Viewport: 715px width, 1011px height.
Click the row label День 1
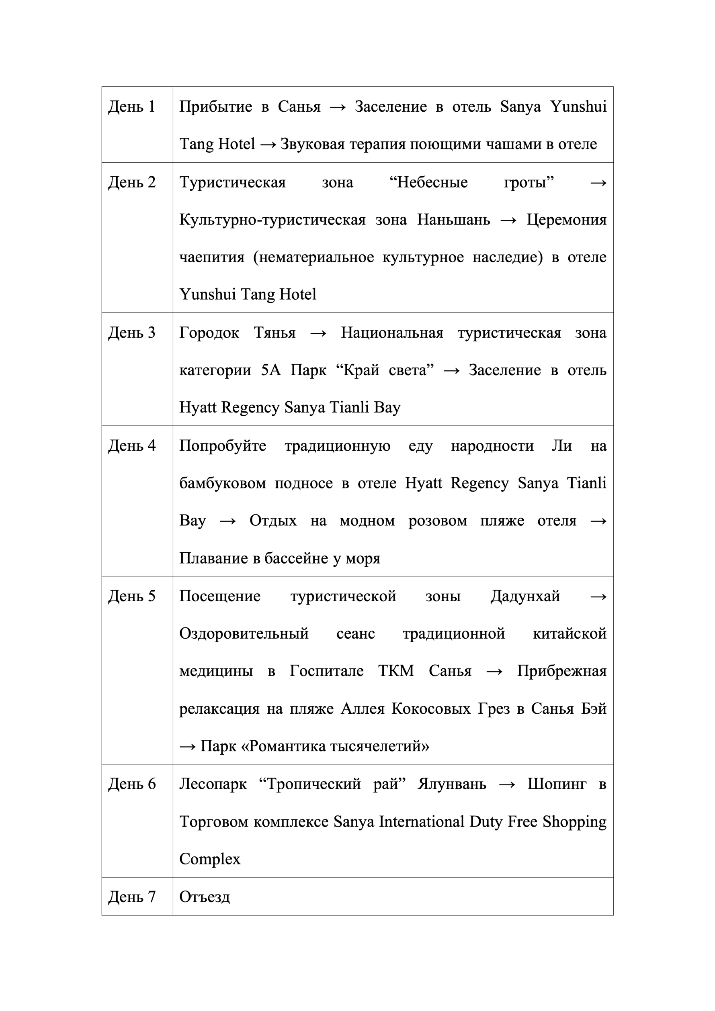[x=132, y=106]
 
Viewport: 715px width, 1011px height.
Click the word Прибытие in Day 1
[x=215, y=106]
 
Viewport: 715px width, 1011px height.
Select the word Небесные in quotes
[x=432, y=182]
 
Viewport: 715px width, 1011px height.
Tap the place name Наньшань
[x=453, y=219]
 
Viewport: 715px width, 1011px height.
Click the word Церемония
[x=566, y=219]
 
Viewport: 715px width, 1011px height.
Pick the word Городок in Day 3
[x=209, y=333]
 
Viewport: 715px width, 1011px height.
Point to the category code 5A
[x=270, y=370]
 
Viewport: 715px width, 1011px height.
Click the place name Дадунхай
[x=525, y=596]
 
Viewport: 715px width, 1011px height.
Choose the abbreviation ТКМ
[x=396, y=671]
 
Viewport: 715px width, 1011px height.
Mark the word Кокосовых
[x=431, y=709]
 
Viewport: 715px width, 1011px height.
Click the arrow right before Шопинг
[x=507, y=784]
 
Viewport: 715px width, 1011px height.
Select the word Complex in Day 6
[x=210, y=859]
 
